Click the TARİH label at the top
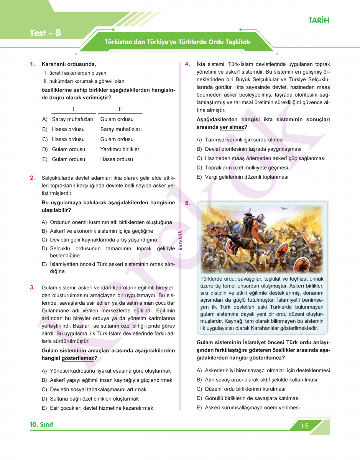(319, 20)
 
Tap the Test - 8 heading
(45, 33)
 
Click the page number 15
(305, 426)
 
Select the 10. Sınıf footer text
(41, 424)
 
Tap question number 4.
(187, 64)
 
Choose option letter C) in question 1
(45, 139)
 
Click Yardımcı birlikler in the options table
(120, 149)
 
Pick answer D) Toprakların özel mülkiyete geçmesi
(242, 168)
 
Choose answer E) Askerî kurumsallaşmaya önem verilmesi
(248, 408)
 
